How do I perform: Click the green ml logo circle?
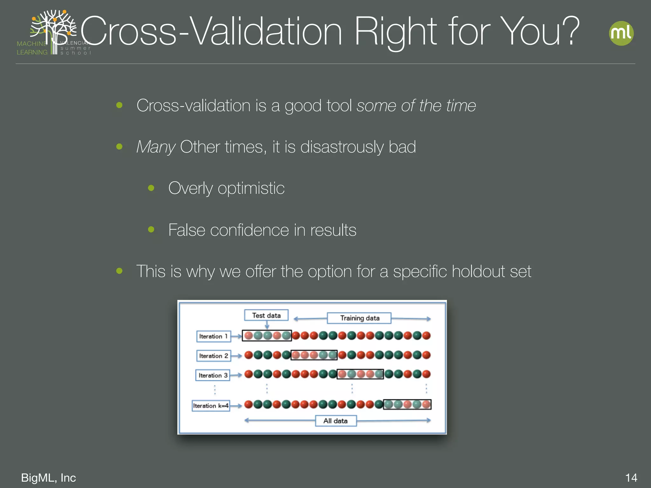[x=621, y=33]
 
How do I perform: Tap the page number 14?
[x=631, y=478]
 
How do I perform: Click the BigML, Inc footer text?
[x=48, y=478]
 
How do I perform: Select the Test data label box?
[x=266, y=315]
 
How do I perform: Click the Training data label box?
[x=359, y=318]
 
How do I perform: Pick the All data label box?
[x=336, y=421]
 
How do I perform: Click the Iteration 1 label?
[x=214, y=336]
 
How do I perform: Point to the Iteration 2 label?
[x=214, y=356]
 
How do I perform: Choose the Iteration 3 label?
[x=213, y=375]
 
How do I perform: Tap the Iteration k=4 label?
[x=211, y=406]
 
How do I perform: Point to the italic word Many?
[x=156, y=147]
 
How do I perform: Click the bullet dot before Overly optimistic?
[x=151, y=188]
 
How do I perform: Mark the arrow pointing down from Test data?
[x=267, y=325]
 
